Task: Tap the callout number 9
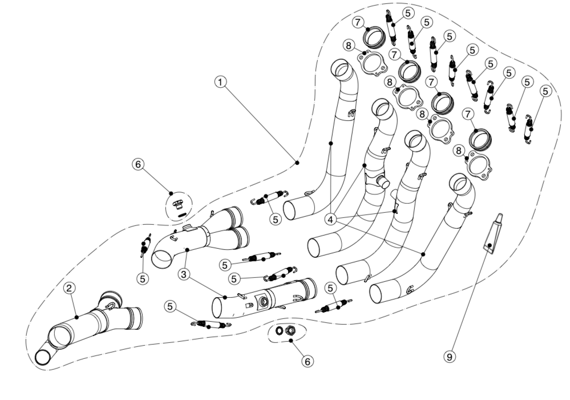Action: [450, 356]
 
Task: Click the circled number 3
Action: [183, 274]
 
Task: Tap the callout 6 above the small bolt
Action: [138, 164]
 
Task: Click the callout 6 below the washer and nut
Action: [307, 361]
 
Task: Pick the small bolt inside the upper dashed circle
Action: [178, 204]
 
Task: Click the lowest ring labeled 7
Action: [480, 139]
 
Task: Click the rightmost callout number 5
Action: [545, 91]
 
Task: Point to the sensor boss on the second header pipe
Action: [381, 181]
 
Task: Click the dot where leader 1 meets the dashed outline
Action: [297, 162]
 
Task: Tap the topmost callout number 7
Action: [357, 22]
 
